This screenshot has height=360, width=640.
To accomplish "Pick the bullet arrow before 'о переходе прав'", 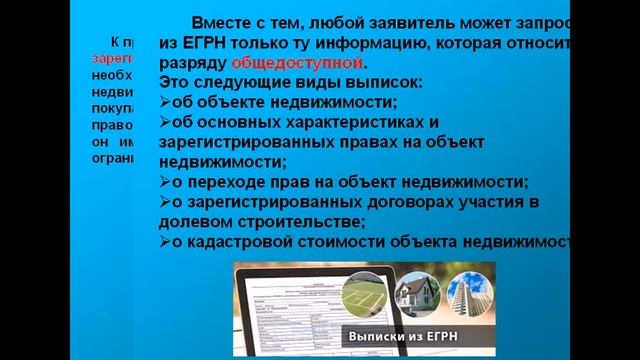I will click(164, 182).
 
